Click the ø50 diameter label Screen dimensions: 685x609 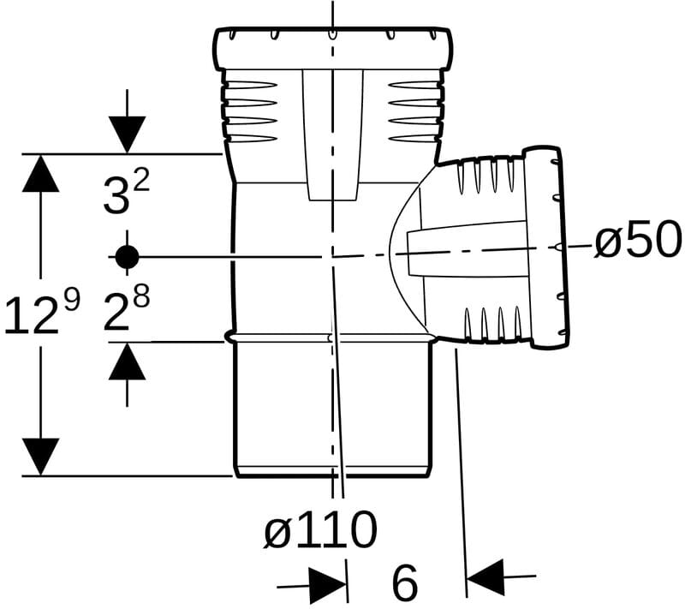(638, 240)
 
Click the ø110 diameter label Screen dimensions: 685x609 (320, 529)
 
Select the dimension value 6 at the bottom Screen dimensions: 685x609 (405, 582)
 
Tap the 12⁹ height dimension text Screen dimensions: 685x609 (41, 312)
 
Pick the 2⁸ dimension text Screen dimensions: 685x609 (126, 308)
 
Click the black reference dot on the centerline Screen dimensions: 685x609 (127, 257)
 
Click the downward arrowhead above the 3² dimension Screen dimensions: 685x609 (127, 135)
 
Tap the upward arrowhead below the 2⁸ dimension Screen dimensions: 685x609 (127, 361)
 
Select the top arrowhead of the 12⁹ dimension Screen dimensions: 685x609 (40, 173)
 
